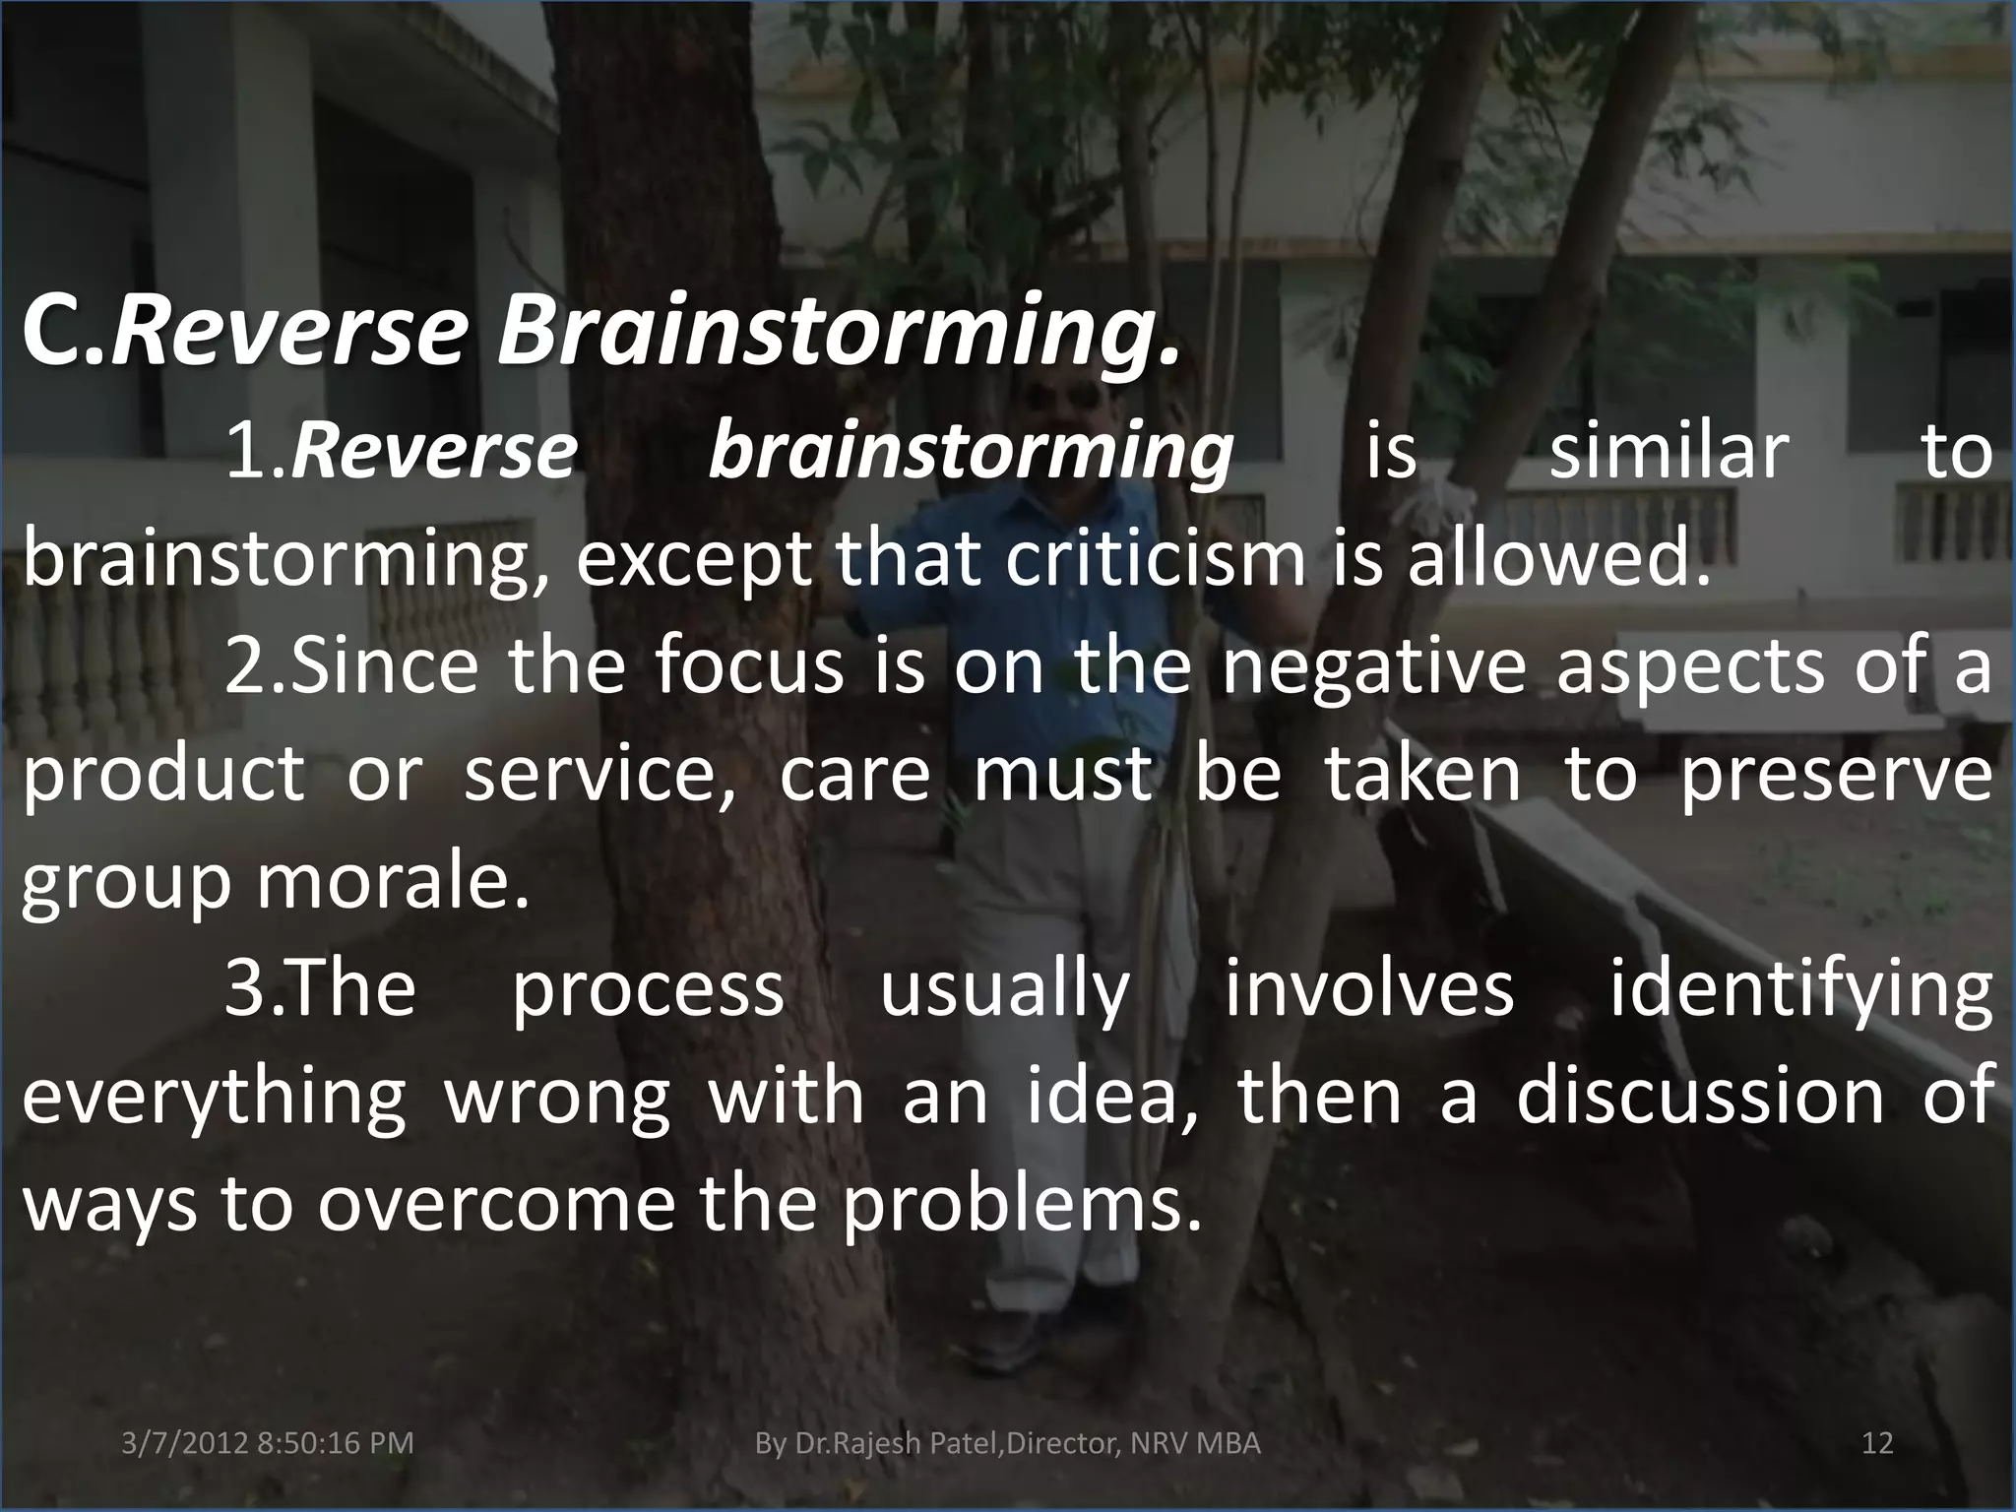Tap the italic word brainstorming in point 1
click(970, 454)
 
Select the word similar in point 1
click(1668, 452)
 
